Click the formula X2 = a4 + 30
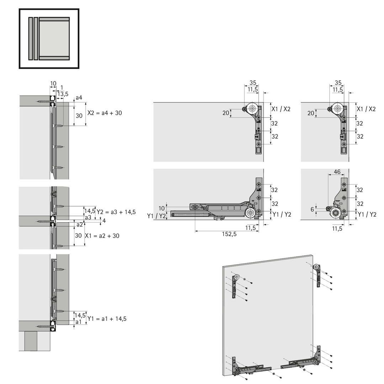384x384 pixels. (x=105, y=113)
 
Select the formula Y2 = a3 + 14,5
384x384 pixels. (x=116, y=212)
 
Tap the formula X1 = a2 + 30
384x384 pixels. (x=102, y=236)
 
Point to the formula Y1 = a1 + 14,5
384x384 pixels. (x=107, y=319)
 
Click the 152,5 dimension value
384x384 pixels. (x=229, y=234)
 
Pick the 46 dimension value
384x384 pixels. (x=337, y=172)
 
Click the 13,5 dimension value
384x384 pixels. (x=63, y=94)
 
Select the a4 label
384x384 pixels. (x=79, y=98)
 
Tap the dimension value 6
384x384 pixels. (x=312, y=209)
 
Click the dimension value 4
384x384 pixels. (x=104, y=221)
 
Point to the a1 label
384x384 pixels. (x=78, y=322)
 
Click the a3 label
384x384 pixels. (x=88, y=217)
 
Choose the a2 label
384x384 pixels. (x=80, y=224)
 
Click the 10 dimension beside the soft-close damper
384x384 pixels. (x=162, y=208)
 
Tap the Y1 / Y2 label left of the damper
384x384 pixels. (x=156, y=216)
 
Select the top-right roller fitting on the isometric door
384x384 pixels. (x=318, y=276)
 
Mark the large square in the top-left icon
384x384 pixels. (x=54, y=38)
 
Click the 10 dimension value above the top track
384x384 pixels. (x=53, y=84)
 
